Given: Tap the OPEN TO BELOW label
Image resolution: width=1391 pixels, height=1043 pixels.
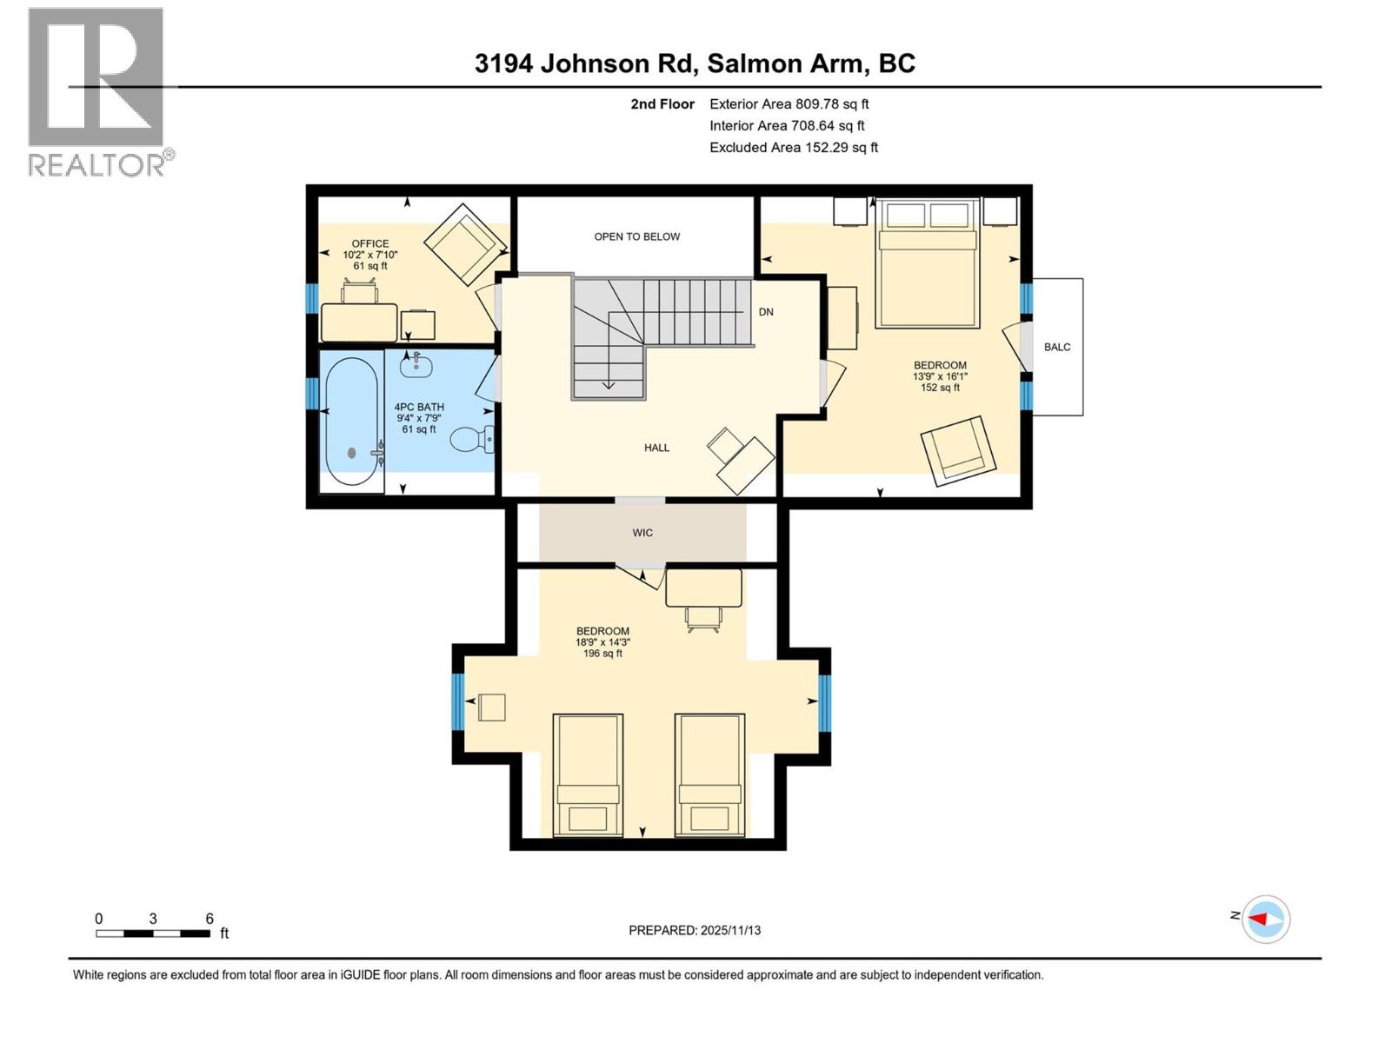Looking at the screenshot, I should click(x=636, y=236).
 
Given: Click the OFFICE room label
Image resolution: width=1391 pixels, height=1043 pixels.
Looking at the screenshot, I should click(x=370, y=243).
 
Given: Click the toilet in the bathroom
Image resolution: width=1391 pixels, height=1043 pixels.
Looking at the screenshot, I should click(x=474, y=439).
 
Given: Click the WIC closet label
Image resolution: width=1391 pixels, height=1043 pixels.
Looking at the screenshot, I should click(x=642, y=533).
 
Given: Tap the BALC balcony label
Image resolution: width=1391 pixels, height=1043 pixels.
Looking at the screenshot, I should click(x=1057, y=347).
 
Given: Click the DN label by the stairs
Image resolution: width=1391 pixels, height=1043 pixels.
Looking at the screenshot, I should click(x=766, y=312).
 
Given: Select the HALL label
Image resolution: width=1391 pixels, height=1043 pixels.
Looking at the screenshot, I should click(x=656, y=448).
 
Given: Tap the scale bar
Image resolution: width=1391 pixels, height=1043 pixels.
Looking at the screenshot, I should click(x=153, y=933).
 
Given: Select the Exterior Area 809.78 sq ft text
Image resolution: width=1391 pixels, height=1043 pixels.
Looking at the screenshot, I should click(x=789, y=103).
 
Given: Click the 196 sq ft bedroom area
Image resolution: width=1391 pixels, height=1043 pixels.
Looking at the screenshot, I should click(x=602, y=654).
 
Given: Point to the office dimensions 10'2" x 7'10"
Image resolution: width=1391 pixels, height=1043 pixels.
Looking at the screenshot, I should click(x=370, y=255).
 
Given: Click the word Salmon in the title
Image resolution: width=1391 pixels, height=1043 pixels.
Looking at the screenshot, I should click(x=754, y=63).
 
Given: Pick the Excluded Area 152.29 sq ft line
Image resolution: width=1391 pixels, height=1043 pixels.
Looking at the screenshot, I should click(x=794, y=148).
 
